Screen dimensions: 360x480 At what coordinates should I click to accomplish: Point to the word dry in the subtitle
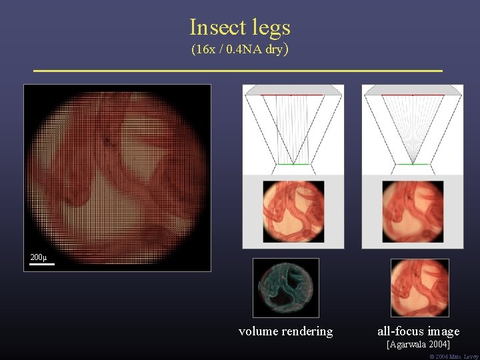pos(274,49)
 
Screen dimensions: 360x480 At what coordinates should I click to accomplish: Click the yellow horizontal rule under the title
pos(237,70)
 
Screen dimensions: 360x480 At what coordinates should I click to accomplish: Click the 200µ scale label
pos(38,257)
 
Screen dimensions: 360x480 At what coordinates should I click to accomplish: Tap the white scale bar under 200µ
pos(41,265)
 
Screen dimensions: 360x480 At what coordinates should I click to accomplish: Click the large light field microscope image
pos(117,177)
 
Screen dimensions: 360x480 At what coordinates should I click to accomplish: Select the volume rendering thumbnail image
pos(285,287)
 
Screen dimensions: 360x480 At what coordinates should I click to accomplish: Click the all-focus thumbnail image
pos(419,287)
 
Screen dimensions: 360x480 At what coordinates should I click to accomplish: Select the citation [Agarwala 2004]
pos(419,345)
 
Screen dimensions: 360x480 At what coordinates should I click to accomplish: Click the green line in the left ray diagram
pos(293,164)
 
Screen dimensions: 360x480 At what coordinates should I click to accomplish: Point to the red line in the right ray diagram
pos(413,95)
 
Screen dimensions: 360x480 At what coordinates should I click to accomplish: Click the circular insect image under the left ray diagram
pos(293,211)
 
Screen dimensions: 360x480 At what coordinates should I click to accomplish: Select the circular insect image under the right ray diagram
pos(413,211)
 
